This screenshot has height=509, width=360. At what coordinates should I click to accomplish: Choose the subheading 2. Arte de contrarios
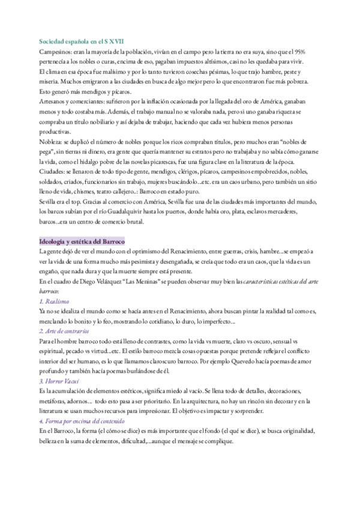(64, 331)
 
